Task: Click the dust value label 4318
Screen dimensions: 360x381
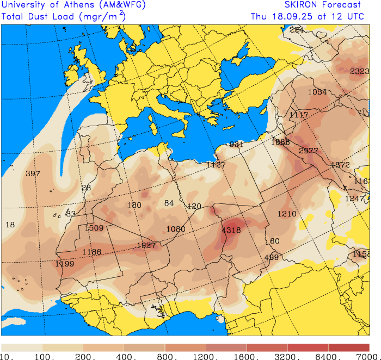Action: [x=231, y=230]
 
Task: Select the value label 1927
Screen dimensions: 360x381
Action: [x=146, y=245]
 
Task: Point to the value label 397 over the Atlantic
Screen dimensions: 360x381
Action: [x=33, y=173]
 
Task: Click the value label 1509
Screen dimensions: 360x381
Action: [x=94, y=228]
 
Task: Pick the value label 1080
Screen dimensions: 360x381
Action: [x=176, y=229]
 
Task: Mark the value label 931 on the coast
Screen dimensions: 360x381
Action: [x=236, y=144]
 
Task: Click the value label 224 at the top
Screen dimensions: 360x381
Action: [x=296, y=30]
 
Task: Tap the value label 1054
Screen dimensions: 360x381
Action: [x=317, y=92]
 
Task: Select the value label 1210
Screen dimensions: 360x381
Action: [x=287, y=214]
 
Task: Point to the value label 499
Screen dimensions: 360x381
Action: [x=271, y=257]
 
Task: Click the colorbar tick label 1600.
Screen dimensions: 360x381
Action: [x=247, y=356]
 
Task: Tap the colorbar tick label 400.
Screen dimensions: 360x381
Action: [x=125, y=356]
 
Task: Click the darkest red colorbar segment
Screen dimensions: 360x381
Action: [x=348, y=347]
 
